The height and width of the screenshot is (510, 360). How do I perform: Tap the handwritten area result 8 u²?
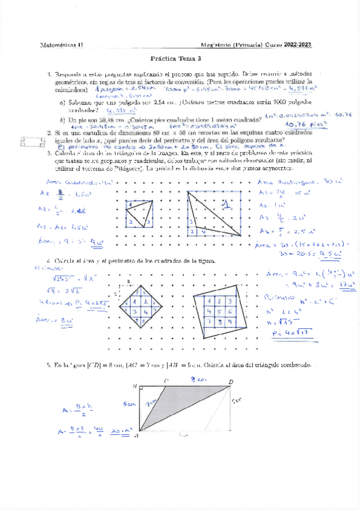61,321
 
